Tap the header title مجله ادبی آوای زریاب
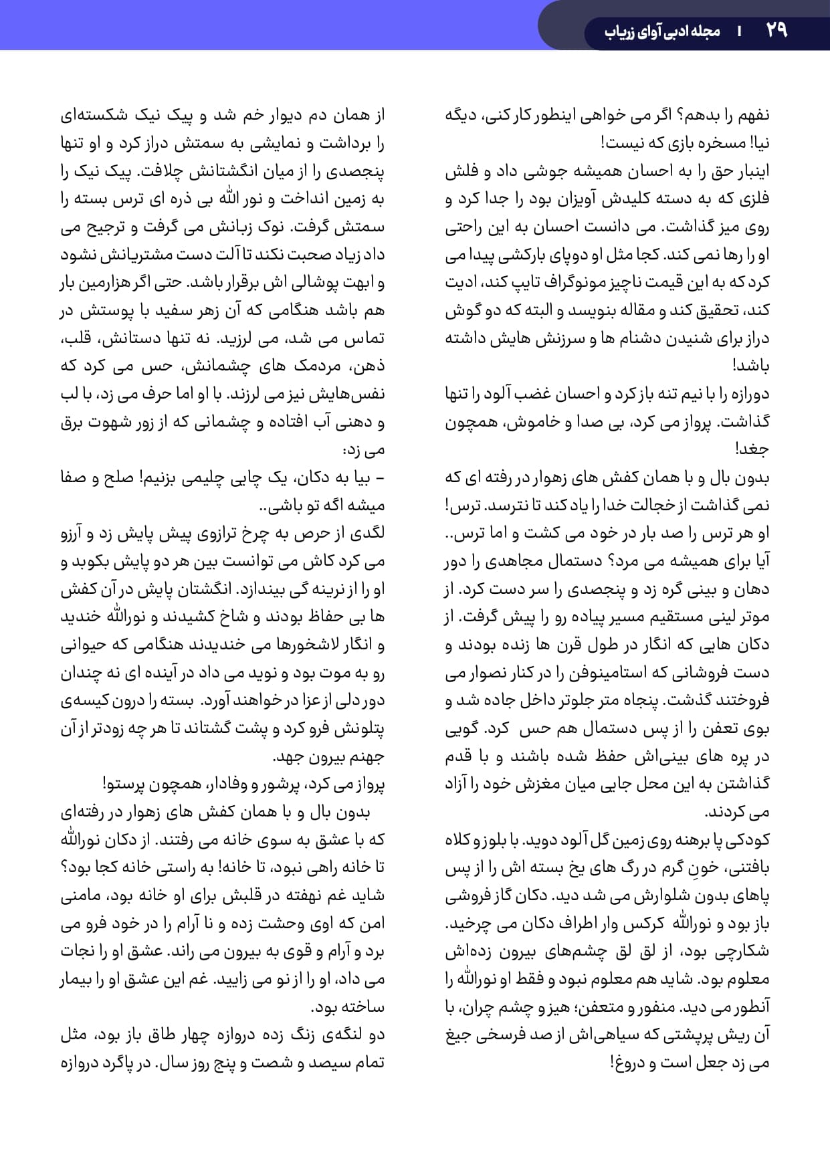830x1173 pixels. [661, 31]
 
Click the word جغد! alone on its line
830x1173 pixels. [752, 449]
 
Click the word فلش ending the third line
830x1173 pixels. [460, 171]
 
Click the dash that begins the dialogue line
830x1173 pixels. [381, 478]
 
